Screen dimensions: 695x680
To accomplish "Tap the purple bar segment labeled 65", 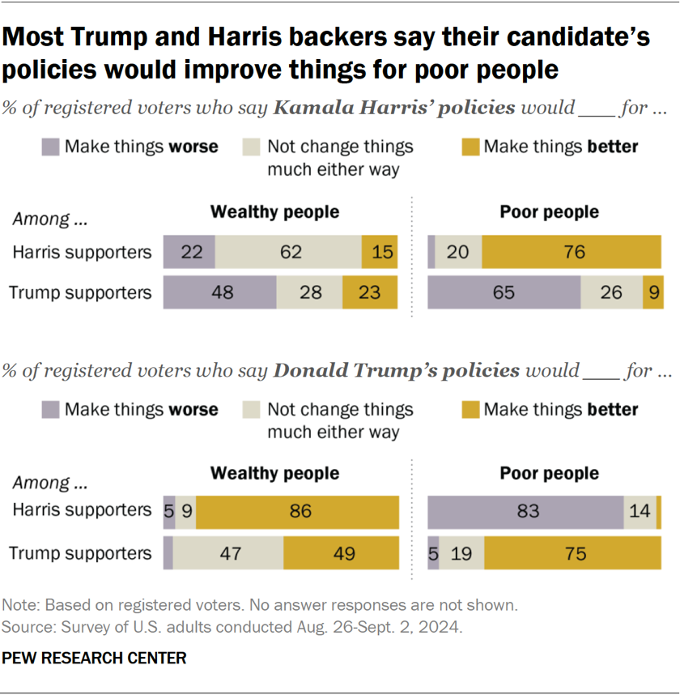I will (x=504, y=292).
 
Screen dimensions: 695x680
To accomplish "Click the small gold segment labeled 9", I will (x=653, y=292).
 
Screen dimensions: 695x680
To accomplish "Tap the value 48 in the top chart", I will (x=222, y=292).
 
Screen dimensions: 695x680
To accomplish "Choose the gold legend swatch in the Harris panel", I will (x=470, y=147).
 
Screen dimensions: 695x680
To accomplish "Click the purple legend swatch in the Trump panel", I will (x=50, y=410).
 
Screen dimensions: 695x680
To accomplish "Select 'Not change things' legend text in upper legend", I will (x=340, y=147).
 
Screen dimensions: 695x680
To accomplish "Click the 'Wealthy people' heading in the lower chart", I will (x=274, y=474).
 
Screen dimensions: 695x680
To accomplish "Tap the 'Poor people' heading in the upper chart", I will (x=549, y=212).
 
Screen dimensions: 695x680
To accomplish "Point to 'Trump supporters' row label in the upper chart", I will (x=79, y=292).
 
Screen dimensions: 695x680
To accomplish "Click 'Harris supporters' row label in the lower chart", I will (x=81, y=510).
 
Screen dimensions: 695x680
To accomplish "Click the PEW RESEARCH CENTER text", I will (x=95, y=658).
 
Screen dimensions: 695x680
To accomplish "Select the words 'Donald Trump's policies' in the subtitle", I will (x=397, y=371).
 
